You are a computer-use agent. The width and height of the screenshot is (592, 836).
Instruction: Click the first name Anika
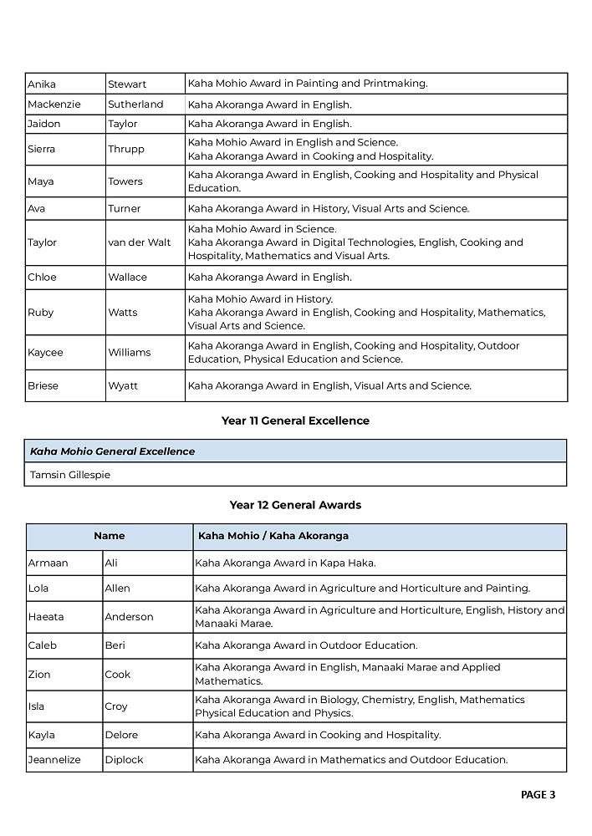point(42,84)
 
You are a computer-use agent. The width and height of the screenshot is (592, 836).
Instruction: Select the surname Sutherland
point(135,104)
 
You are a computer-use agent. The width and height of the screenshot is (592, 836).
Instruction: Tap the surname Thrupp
point(126,149)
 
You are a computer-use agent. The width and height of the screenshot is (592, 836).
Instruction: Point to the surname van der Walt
point(139,242)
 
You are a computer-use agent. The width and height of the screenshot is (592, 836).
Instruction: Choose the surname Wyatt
point(123,385)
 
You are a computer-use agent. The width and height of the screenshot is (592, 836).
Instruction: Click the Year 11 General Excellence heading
point(295,421)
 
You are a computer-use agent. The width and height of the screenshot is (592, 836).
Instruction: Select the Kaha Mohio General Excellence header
point(112,451)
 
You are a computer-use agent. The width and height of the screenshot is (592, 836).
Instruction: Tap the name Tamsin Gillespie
point(70,475)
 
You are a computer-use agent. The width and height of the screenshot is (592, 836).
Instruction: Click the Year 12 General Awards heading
point(295,505)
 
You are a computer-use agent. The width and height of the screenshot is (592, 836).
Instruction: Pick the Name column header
point(109,536)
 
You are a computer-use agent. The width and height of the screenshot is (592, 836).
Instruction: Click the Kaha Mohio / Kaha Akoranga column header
point(273,536)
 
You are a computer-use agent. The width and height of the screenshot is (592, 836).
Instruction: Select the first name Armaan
point(48,563)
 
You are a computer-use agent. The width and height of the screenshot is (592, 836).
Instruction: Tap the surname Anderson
point(129,617)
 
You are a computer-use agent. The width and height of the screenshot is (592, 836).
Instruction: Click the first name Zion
point(39,674)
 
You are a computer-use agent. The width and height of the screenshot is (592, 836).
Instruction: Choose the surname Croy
point(116,706)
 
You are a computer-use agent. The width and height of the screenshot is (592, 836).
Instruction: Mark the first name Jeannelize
point(55,760)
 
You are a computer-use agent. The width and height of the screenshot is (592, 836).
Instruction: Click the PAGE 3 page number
point(538,795)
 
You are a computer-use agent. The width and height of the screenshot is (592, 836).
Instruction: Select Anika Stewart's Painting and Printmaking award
point(308,84)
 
